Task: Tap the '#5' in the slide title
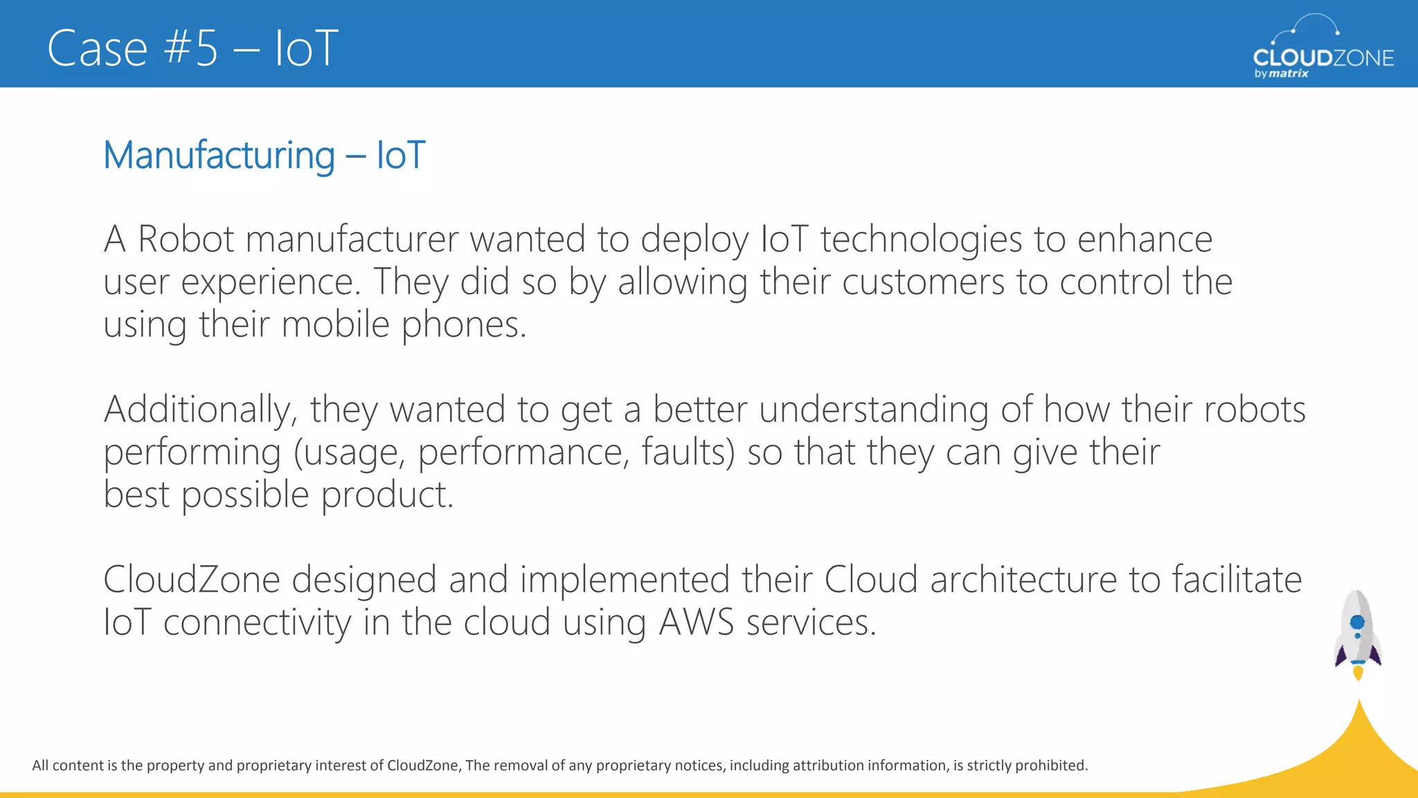[x=192, y=48]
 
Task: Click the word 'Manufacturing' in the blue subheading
[x=219, y=155]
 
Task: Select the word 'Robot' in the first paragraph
[x=186, y=240]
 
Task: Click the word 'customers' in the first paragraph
[x=923, y=283]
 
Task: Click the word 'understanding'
[x=874, y=410]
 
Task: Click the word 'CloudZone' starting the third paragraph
[x=191, y=580]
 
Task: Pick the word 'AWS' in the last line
[x=696, y=623]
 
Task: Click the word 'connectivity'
[x=257, y=623]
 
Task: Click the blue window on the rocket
[x=1357, y=621]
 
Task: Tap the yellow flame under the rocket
[x=1358, y=672]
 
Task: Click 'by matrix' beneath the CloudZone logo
[x=1281, y=73]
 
